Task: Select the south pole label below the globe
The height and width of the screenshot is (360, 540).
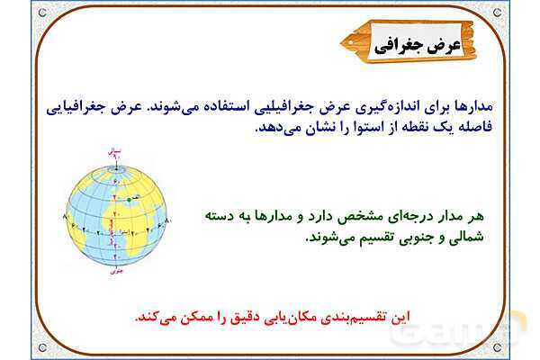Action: point(114,267)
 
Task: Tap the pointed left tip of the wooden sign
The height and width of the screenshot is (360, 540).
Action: point(345,41)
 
